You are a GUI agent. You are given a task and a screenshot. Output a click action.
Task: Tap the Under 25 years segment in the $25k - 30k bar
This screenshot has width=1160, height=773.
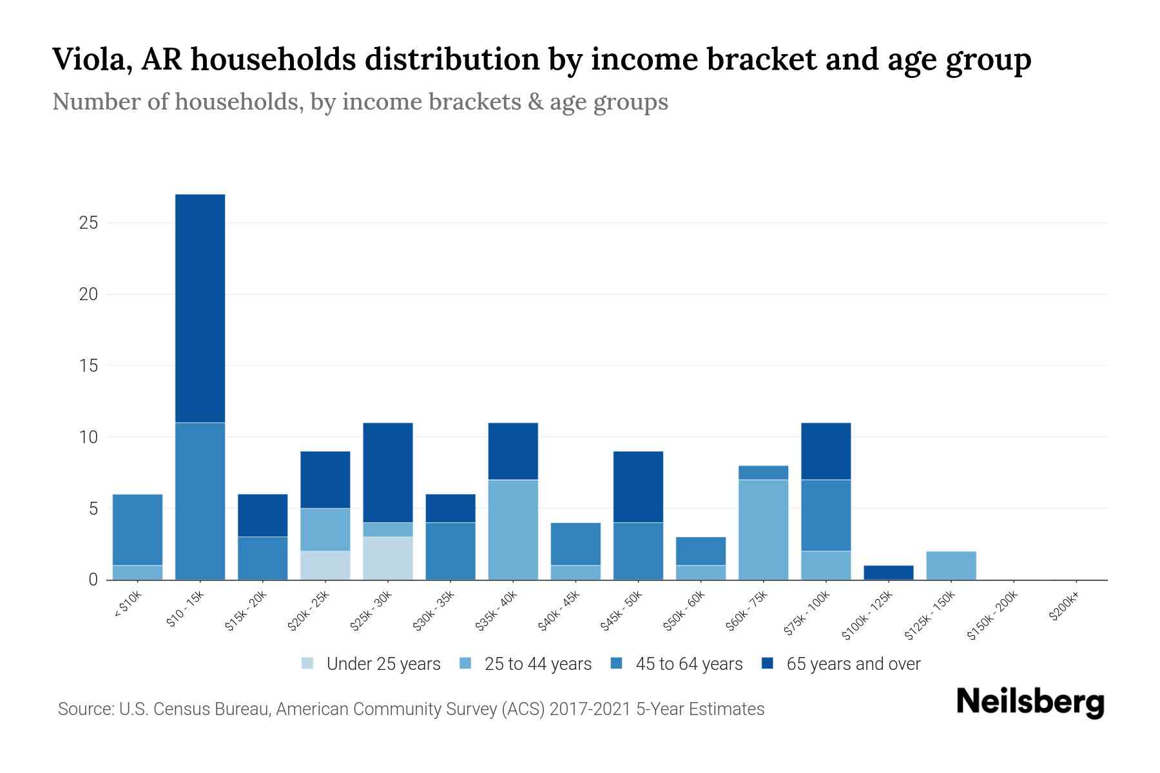388,558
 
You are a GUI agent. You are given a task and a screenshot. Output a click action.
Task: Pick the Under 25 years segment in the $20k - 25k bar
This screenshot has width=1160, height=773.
325,565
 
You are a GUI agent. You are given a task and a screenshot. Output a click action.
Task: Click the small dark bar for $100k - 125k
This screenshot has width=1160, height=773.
889,573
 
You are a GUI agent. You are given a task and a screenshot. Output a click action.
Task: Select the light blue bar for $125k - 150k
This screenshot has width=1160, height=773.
951,566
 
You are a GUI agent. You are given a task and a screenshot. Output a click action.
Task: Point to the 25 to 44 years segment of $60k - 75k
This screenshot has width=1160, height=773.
763,530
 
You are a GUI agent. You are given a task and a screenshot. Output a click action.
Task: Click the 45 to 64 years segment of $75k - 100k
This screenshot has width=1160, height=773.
826,515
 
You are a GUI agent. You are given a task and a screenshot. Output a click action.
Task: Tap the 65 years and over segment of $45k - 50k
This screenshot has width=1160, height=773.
638,487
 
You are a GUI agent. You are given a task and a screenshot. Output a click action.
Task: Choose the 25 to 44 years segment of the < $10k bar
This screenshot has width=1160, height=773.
137,573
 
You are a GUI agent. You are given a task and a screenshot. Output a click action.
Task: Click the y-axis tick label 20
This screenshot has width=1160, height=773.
88,294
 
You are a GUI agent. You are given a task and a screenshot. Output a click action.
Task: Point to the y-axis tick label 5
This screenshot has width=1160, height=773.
93,509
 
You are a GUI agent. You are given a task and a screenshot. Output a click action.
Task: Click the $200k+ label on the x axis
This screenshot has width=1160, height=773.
1064,608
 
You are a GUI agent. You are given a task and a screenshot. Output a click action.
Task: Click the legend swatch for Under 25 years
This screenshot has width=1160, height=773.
308,663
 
